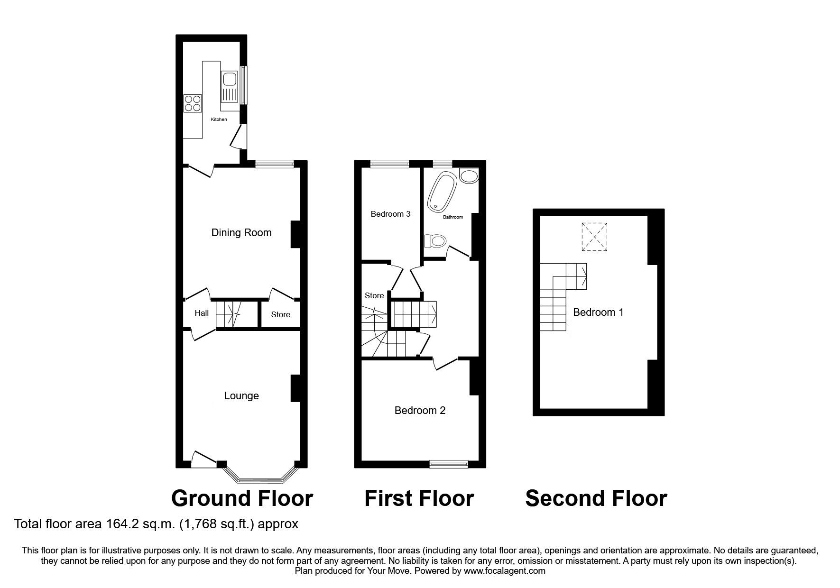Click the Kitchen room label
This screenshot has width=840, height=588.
(219, 119)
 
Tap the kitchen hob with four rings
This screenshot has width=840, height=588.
(193, 103)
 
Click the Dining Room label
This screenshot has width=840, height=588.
(241, 233)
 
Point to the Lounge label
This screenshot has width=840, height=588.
(241, 396)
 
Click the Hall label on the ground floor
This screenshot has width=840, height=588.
(202, 313)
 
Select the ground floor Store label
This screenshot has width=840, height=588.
(280, 315)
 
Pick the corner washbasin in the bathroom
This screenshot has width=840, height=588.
(469, 177)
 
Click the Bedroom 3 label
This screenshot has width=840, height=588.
(390, 214)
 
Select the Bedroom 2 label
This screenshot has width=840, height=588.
(420, 411)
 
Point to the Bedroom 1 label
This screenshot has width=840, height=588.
(598, 312)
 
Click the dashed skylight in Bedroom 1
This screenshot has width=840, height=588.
(594, 237)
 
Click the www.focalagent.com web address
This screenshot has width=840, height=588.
(504, 571)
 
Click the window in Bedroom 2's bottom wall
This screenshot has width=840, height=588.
(448, 464)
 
